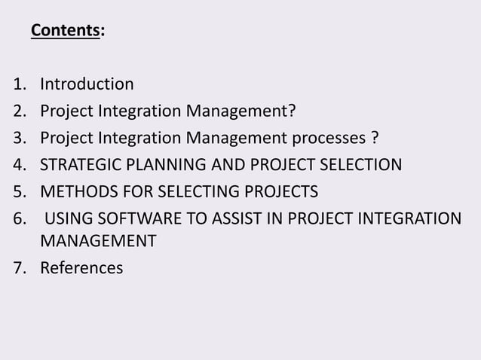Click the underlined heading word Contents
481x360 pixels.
tap(65, 31)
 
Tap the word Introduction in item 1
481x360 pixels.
tap(87, 84)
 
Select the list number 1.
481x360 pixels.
tap(18, 84)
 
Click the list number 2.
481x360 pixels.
tap(18, 112)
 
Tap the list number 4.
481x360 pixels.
tap(18, 165)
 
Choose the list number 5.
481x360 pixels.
tap(18, 191)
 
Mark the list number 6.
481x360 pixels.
tap(18, 218)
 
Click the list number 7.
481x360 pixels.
tap(18, 267)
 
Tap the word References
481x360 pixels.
tap(81, 267)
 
